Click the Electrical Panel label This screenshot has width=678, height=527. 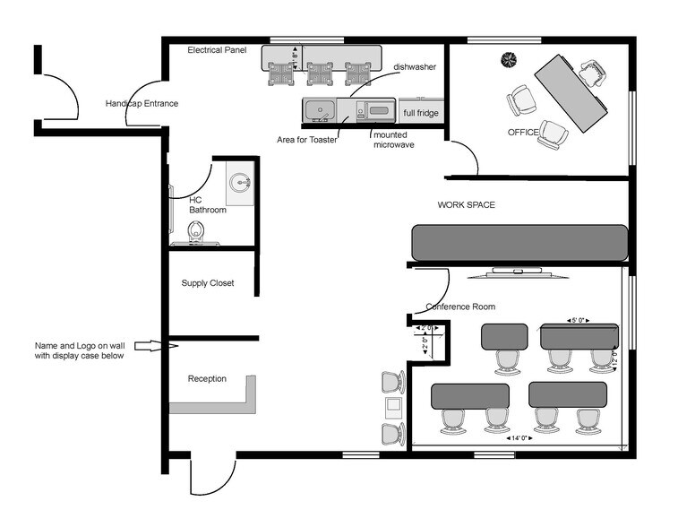coord(217,50)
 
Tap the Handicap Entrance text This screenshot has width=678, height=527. coord(142,103)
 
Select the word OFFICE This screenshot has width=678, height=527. coord(522,133)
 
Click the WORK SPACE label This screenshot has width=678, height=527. coord(466,205)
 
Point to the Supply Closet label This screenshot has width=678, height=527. coord(208,283)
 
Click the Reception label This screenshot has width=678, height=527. coord(207,378)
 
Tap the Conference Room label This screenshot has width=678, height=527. coord(460,307)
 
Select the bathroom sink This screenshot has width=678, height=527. coord(239,183)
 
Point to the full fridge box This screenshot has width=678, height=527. coord(421,113)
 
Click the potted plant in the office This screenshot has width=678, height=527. coord(509,59)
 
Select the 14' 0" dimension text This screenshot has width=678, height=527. coord(520,438)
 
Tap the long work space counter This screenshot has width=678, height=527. coord(519,242)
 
